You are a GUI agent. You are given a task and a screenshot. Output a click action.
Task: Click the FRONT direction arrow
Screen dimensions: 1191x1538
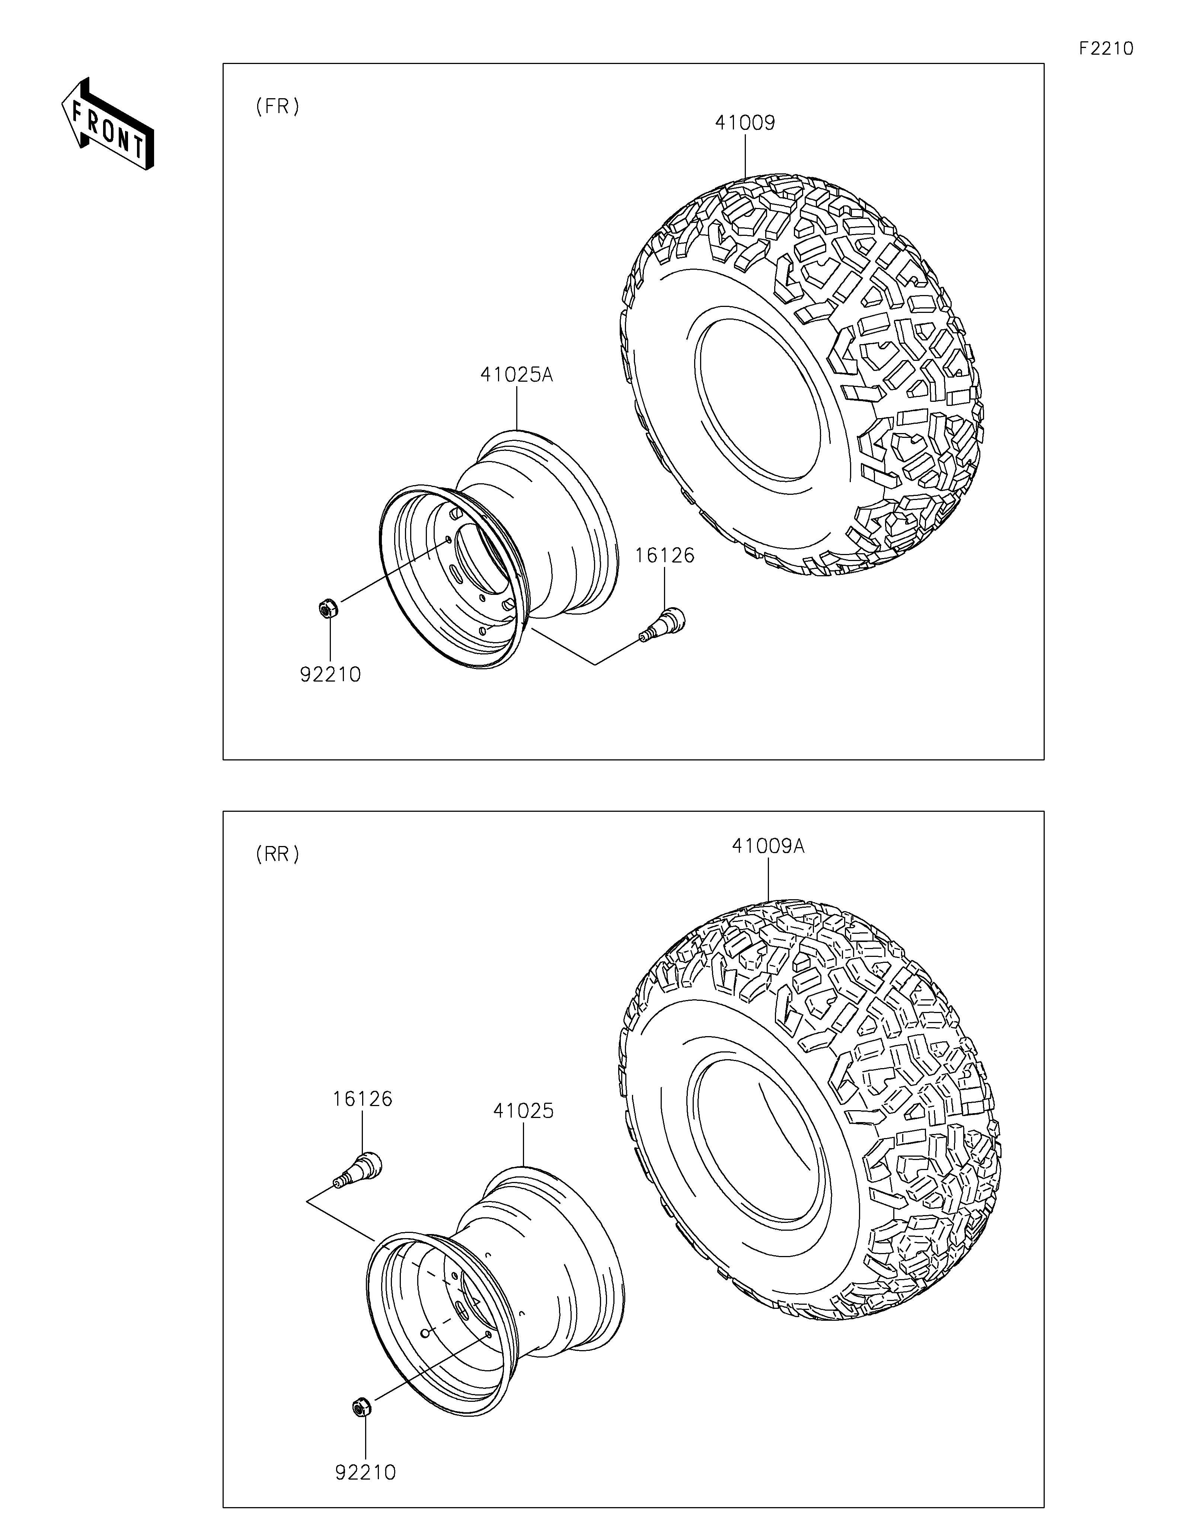[107, 123]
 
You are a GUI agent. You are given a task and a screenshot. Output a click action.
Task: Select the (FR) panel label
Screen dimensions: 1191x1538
[278, 106]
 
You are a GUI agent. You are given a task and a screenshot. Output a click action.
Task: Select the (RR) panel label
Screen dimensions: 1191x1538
[278, 854]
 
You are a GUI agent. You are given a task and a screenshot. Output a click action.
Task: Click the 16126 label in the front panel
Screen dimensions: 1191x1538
[664, 555]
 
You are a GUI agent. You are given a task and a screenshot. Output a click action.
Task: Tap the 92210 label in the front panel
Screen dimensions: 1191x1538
[331, 675]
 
